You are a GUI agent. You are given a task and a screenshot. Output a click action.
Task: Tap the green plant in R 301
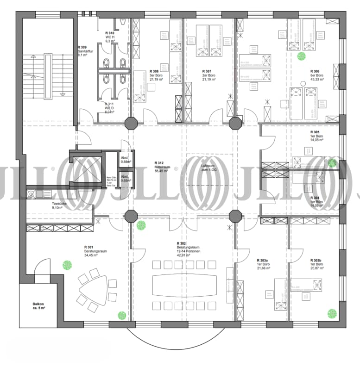(68, 265)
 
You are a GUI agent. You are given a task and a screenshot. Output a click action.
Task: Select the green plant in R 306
(302, 56)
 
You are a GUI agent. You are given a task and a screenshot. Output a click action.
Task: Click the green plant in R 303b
(332, 313)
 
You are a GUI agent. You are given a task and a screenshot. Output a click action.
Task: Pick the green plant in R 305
(332, 163)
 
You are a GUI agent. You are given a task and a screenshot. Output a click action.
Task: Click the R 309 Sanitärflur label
(86, 50)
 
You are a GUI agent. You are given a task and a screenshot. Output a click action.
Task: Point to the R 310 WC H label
(110, 37)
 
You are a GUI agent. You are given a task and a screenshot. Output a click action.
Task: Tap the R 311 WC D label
(110, 107)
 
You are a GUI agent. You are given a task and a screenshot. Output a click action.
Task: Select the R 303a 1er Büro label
(263, 264)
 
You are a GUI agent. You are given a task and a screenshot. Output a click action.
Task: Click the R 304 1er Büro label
(317, 202)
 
